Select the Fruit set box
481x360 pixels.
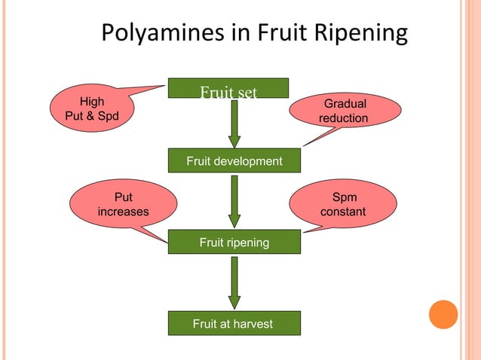[x=228, y=89]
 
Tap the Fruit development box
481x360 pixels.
[x=234, y=161]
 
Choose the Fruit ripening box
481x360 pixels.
[x=234, y=243]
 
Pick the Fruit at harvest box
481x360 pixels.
[x=234, y=324]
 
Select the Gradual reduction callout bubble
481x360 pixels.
[x=345, y=111]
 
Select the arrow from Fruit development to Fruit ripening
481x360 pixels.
[x=234, y=200]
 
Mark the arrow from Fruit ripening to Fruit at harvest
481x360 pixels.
[x=234, y=282]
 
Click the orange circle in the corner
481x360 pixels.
[x=443, y=314]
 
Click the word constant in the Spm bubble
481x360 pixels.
[x=343, y=212]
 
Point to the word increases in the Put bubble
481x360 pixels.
[x=123, y=212]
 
